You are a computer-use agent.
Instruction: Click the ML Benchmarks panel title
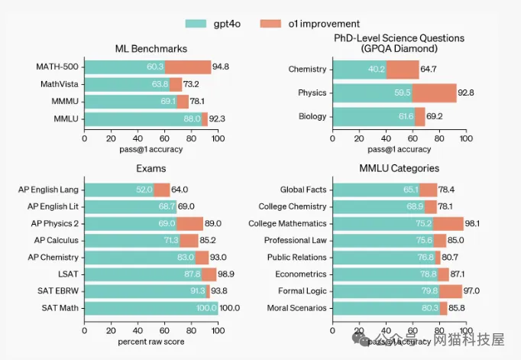tap(150, 49)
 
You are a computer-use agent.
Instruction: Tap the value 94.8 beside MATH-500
tap(221, 66)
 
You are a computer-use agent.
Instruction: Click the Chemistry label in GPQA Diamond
tap(307, 70)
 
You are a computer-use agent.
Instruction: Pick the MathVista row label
tap(57, 83)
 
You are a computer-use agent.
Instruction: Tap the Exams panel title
tap(150, 168)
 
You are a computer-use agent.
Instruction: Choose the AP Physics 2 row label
tap(53, 223)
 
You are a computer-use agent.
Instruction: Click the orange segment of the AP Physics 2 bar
tap(189, 223)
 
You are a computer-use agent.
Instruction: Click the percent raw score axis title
tap(150, 341)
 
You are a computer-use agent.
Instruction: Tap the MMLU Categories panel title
tap(400, 168)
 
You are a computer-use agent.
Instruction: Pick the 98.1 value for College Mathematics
tap(475, 223)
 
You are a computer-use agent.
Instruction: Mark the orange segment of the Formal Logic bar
tap(450, 291)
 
